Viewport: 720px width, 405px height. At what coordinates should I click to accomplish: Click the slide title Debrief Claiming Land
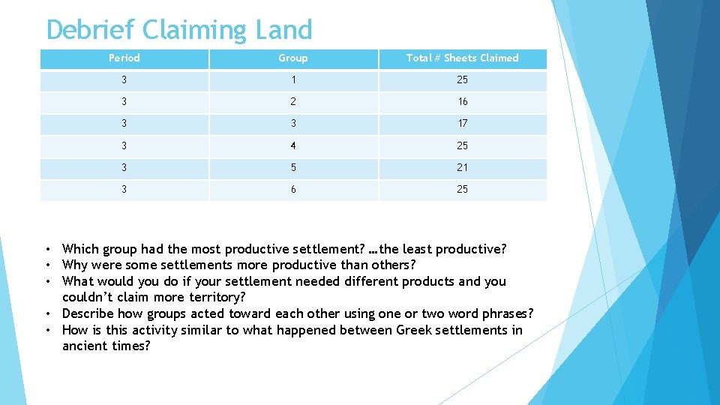[178, 30]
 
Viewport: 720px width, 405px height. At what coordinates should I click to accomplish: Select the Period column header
[124, 58]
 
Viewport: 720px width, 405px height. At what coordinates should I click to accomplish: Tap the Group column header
[293, 58]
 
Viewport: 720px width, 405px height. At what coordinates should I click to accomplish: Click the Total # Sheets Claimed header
[462, 58]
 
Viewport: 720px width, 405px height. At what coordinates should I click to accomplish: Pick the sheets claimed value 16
[462, 101]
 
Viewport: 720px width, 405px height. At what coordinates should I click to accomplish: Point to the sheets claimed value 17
[462, 123]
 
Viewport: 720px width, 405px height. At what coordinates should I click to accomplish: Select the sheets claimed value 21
[462, 167]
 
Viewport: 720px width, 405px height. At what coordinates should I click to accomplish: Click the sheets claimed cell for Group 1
[462, 79]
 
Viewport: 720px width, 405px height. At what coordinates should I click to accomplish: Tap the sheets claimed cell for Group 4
[462, 145]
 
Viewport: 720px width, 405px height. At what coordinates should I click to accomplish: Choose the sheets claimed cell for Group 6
[462, 189]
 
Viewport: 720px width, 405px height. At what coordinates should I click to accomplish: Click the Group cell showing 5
[293, 167]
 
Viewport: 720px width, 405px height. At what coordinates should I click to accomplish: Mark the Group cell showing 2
[293, 101]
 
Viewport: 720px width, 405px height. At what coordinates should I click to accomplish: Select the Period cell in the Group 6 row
[124, 189]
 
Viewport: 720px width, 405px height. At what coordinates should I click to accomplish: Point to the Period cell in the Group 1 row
[124, 79]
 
